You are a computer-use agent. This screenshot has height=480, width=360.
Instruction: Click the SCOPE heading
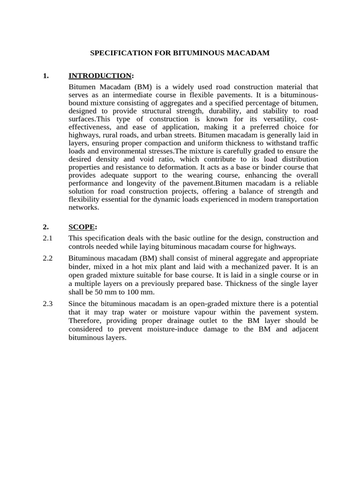[x=82, y=227]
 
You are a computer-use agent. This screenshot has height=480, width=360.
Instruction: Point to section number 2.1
[x=47, y=238]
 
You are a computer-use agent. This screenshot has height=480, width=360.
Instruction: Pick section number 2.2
[x=47, y=258]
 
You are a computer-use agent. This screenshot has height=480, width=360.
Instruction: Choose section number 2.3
[x=47, y=304]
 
